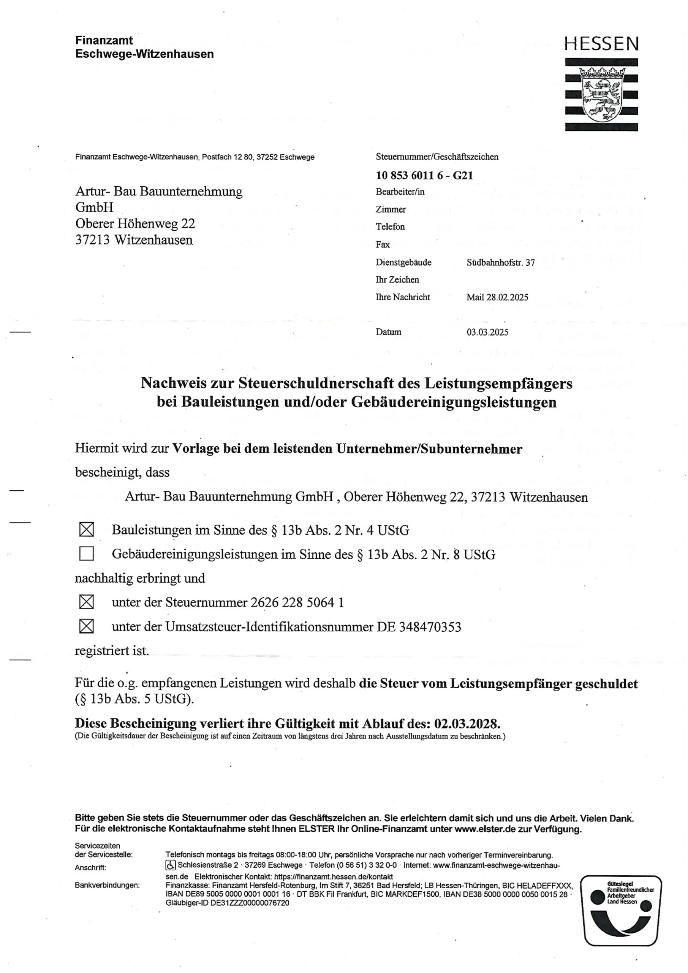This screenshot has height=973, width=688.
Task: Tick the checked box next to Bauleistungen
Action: click(86, 529)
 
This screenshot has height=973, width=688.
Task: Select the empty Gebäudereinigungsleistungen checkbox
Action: click(86, 553)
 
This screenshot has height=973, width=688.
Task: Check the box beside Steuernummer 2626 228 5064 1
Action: click(86, 602)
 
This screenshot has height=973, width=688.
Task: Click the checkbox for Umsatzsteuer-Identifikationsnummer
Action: click(86, 626)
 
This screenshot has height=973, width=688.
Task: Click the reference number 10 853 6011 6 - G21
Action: click(424, 176)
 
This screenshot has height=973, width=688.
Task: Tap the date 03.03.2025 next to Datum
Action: click(487, 332)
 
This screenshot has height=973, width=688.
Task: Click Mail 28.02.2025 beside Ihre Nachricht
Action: click(497, 297)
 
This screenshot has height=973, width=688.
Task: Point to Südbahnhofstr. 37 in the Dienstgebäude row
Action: click(500, 262)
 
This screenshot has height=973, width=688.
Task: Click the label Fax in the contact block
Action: click(383, 244)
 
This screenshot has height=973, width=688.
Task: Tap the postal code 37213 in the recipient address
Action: click(92, 240)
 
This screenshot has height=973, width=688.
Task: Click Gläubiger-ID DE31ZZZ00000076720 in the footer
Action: click(228, 903)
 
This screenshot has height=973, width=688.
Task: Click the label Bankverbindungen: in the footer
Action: click(107, 885)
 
